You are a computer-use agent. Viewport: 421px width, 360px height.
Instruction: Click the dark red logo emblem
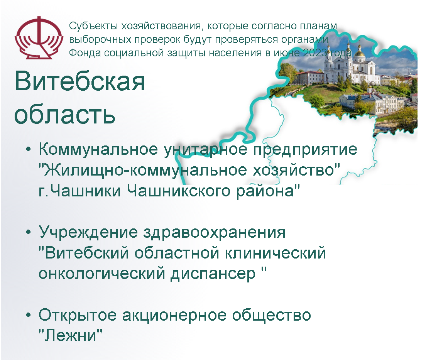pyautogui.click(x=39, y=37)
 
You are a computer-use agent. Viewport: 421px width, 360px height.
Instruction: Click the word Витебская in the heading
pyautogui.click(x=79, y=81)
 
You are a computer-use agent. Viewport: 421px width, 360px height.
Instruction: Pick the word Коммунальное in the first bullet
pyautogui.click(x=98, y=149)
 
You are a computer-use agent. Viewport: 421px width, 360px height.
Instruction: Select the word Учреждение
pyautogui.click(x=88, y=233)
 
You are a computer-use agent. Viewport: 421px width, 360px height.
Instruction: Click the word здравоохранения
pyautogui.click(x=214, y=233)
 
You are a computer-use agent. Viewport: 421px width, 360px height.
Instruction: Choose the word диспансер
pyautogui.click(x=213, y=274)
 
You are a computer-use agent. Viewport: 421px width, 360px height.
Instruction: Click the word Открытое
pyautogui.click(x=78, y=315)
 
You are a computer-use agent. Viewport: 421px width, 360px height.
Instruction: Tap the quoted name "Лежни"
pyautogui.click(x=71, y=335)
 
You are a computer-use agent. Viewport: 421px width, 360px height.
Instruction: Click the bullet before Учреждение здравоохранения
pyautogui.click(x=29, y=232)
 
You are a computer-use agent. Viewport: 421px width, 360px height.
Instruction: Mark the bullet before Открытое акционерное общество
pyautogui.click(x=29, y=315)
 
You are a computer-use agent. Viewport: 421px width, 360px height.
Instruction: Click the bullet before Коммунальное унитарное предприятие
pyautogui.click(x=29, y=149)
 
